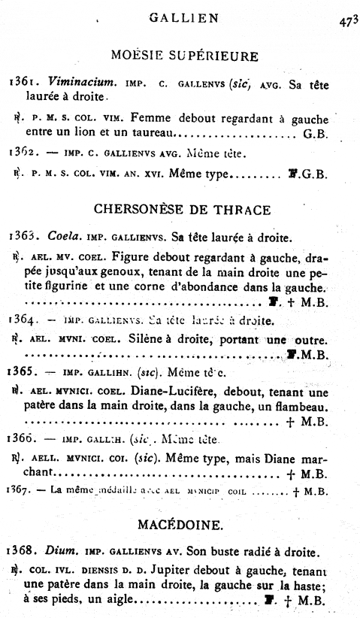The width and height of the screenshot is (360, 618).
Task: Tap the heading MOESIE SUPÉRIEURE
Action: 184,56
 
